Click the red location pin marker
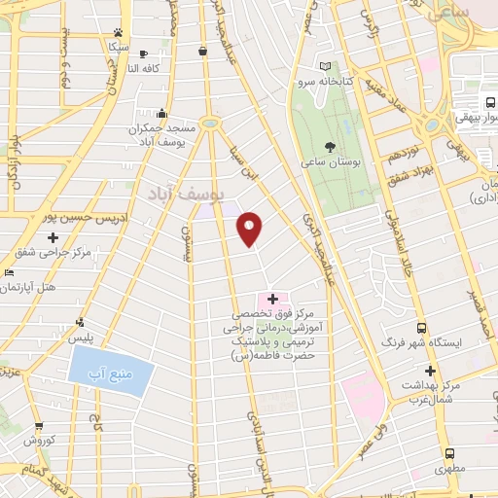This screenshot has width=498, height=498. [x=250, y=228]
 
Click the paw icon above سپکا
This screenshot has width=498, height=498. [x=118, y=32]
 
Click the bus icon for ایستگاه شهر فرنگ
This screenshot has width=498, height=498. [x=421, y=328]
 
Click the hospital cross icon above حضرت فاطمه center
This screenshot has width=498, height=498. [x=271, y=299]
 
